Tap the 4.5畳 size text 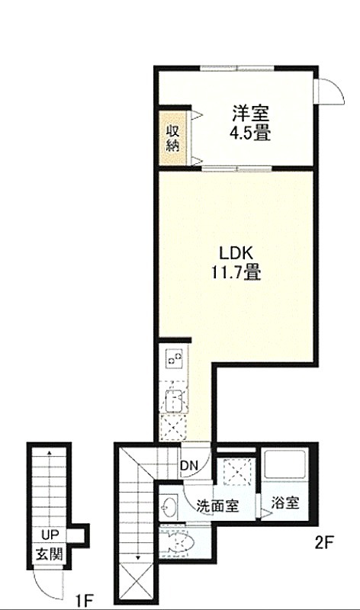(250, 133)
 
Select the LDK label (236, 254)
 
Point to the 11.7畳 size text (236, 272)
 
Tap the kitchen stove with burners (174, 358)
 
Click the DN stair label (189, 465)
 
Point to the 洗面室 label (217, 506)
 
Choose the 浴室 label (285, 503)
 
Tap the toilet (178, 542)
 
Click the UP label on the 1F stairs (50, 535)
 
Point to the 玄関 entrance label (50, 554)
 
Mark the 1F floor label (85, 602)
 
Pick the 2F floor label (324, 542)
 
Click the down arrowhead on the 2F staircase (138, 557)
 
